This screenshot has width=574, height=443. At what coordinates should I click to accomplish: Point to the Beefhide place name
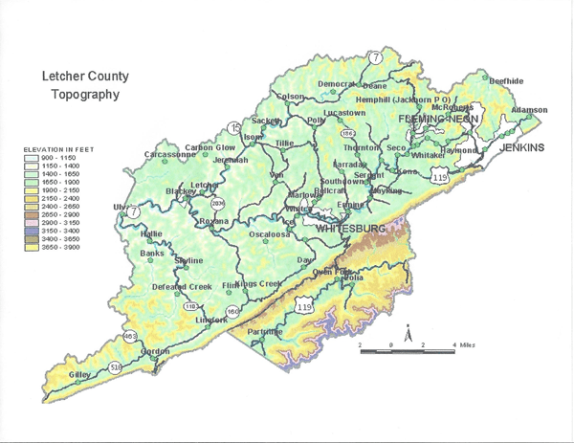pyautogui.click(x=506, y=81)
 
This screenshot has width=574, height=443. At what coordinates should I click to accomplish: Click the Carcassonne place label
pyautogui.click(x=169, y=154)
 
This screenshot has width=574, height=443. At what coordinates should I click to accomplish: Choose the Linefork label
pyautogui.click(x=211, y=320)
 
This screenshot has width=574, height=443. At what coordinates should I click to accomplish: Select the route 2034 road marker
pyautogui.click(x=216, y=203)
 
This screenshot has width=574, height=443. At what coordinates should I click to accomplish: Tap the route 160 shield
pyautogui.click(x=233, y=311)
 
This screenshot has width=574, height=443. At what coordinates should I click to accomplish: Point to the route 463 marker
pyautogui.click(x=129, y=336)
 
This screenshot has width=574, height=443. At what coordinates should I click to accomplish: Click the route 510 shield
pyautogui.click(x=116, y=366)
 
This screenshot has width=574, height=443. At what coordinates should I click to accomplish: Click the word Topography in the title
pyautogui.click(x=84, y=96)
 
